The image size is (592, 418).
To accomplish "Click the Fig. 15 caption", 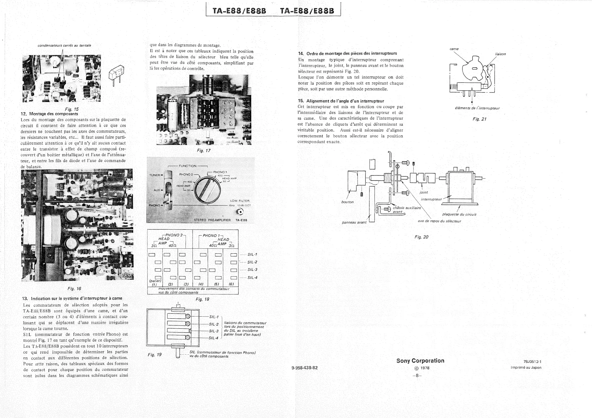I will click(72, 109).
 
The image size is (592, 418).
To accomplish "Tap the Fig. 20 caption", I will click(421, 237).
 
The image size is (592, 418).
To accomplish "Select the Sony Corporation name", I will click(420, 361).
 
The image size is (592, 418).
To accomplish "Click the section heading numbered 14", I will click(347, 53).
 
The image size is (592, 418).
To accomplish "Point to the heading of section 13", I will click(72, 298).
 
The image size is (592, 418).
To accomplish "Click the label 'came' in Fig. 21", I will click(454, 49).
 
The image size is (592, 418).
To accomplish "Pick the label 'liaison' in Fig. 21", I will click(500, 54).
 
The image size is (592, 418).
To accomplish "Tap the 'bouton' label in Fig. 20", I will click(347, 202).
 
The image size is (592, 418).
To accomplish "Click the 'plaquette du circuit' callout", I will click(459, 214).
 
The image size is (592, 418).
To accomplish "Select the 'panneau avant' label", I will click(354, 222).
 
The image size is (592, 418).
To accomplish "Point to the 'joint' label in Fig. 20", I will click(424, 192).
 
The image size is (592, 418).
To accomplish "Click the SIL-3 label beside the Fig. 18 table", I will click(252, 270).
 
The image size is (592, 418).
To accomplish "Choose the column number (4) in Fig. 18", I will click(201, 284).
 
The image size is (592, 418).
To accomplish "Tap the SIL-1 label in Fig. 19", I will click(214, 317).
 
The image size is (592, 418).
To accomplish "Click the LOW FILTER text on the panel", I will click(240, 201).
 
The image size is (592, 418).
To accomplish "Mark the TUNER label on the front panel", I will click(155, 175).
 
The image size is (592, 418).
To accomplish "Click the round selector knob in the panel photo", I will click(207, 191).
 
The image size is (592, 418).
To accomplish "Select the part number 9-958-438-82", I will click(304, 368).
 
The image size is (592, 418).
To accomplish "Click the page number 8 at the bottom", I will click(417, 376).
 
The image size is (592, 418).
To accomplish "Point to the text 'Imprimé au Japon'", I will click(526, 367).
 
